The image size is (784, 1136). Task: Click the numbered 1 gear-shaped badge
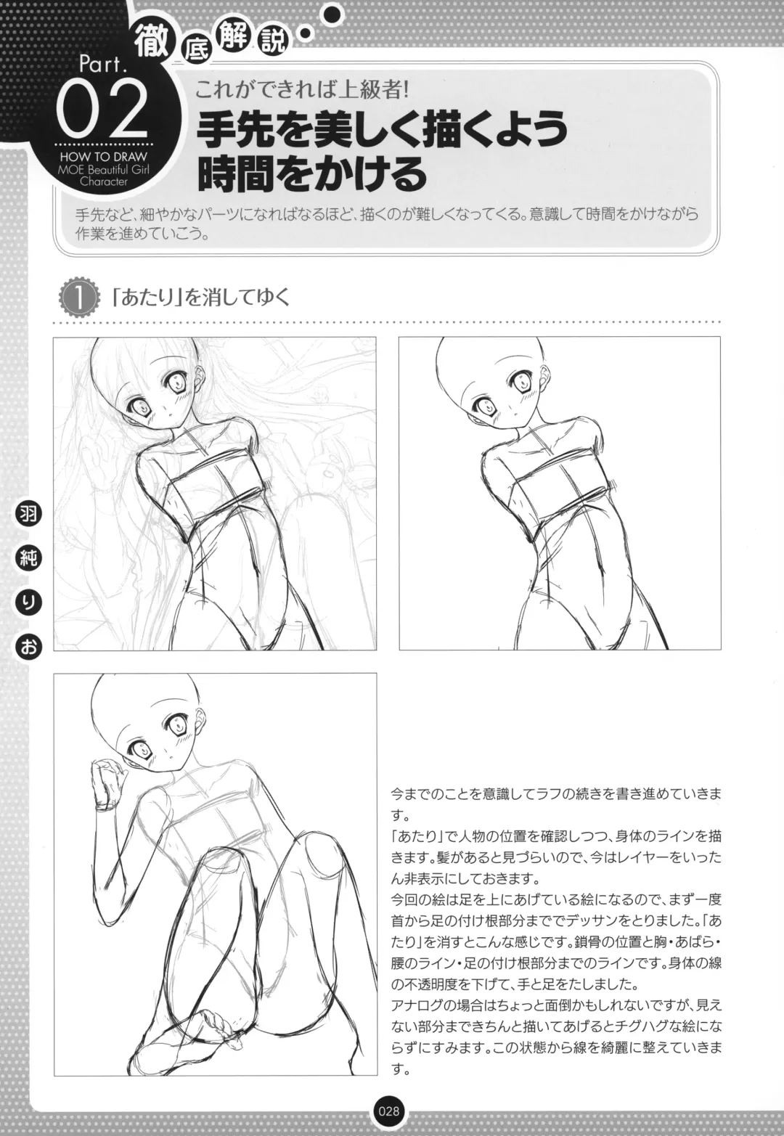pos(78,298)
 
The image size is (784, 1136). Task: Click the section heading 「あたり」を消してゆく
pos(200,298)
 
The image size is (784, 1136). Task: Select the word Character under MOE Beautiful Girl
pos(104,181)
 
